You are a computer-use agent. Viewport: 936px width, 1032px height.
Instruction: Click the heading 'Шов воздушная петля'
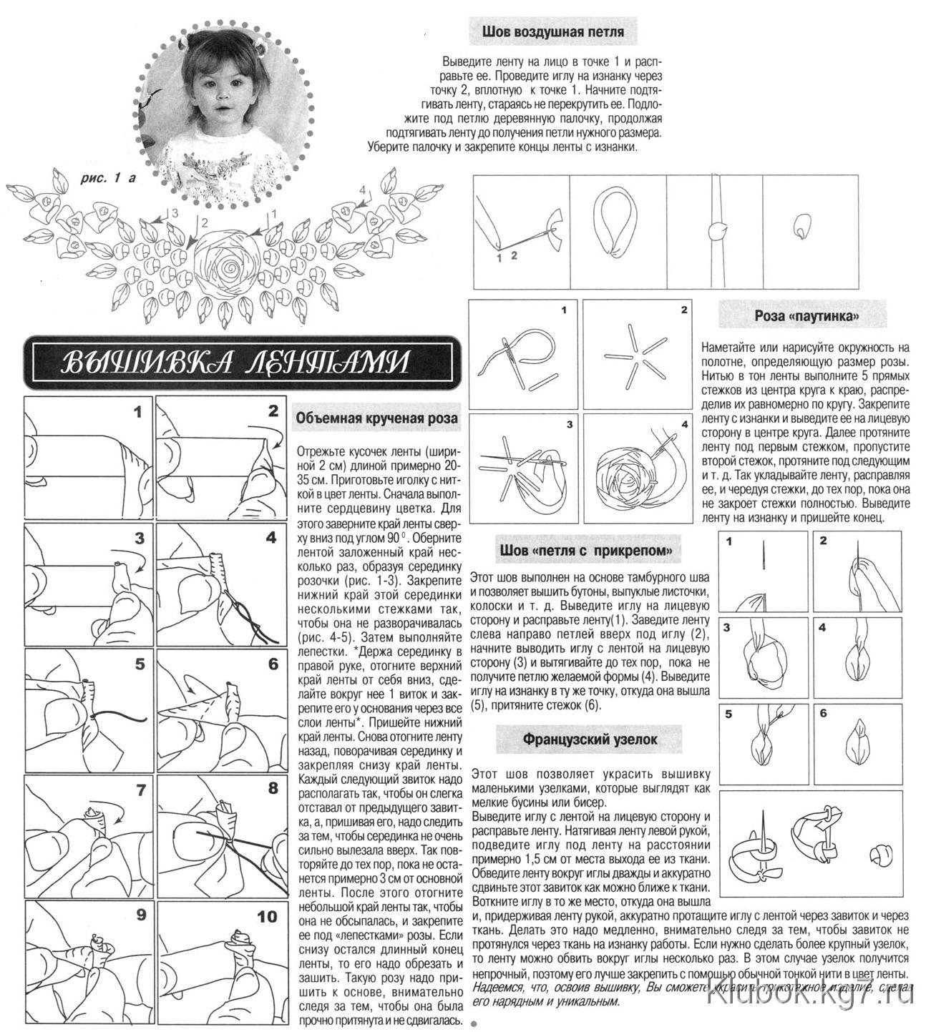[552, 32]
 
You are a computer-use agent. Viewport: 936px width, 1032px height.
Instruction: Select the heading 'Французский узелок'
[590, 739]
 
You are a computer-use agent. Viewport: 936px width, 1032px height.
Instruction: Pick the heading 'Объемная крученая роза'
[376, 420]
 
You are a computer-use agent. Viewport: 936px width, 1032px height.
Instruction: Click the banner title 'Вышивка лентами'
[236, 363]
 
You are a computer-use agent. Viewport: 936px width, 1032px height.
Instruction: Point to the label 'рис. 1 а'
[108, 178]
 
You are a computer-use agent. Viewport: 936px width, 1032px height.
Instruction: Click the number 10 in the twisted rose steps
[266, 917]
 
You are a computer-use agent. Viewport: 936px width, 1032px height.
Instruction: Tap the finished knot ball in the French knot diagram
[880, 855]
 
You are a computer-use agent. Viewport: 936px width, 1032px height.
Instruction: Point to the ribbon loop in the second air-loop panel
[616, 221]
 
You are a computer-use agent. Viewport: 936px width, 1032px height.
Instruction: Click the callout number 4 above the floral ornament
[362, 190]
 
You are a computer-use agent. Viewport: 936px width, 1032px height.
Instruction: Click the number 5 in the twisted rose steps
[140, 664]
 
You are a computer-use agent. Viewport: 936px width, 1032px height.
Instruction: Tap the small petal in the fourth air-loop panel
[801, 227]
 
